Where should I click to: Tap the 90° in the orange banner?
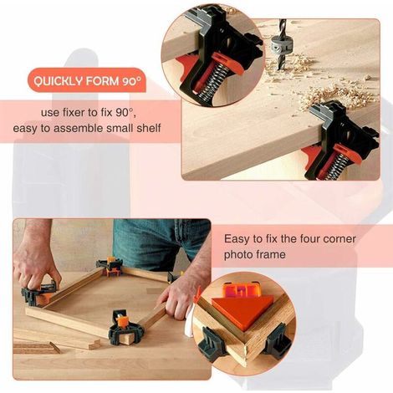(x=131, y=81)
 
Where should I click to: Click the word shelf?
(x=149, y=128)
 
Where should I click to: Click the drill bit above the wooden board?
(x=280, y=45)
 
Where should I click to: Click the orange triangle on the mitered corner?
(x=241, y=309)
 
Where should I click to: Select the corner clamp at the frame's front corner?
(x=126, y=328)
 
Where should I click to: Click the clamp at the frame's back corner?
(x=110, y=267)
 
